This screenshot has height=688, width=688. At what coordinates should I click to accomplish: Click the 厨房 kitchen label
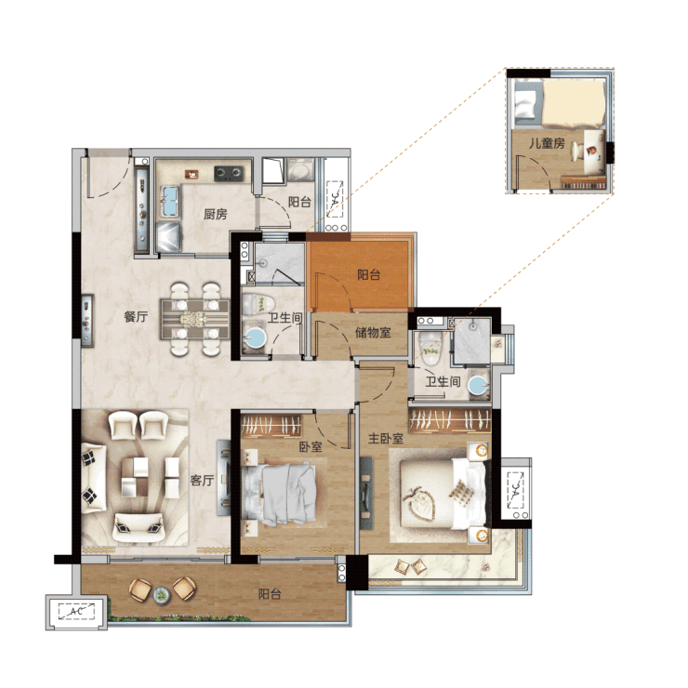215,214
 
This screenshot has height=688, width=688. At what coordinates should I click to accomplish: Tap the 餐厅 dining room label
136,316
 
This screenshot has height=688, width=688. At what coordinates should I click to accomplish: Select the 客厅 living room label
202,481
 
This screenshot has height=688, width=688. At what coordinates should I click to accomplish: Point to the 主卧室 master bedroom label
386,438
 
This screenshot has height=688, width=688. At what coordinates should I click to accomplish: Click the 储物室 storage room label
373,332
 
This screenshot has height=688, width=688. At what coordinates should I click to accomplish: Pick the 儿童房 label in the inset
547,143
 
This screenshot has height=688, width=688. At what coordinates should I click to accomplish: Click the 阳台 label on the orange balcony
368,274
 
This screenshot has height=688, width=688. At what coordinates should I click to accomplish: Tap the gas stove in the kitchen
228,173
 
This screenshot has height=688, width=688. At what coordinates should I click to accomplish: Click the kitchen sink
170,202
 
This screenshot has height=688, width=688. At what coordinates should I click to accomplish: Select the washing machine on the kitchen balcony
299,170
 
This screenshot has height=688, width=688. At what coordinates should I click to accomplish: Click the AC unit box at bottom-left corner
76,612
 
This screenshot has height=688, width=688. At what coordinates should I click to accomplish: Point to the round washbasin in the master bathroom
478,386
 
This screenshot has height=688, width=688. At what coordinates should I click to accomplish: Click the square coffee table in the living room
135,477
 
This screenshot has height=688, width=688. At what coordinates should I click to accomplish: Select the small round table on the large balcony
162,594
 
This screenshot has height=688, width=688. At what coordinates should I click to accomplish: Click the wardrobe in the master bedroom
449,420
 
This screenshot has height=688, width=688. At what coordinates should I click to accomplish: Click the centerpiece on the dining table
194,319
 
